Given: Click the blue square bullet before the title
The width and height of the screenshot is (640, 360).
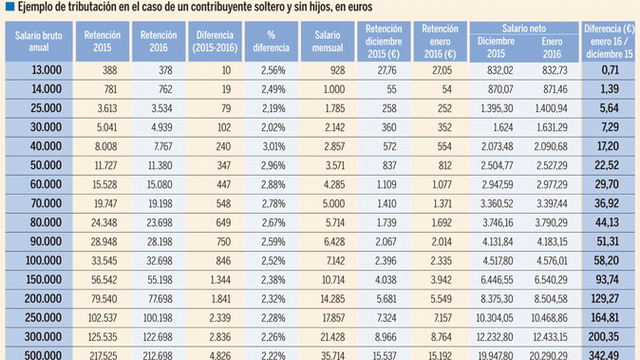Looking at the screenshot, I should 7,9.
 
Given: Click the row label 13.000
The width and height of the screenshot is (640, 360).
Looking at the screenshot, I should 47,70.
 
